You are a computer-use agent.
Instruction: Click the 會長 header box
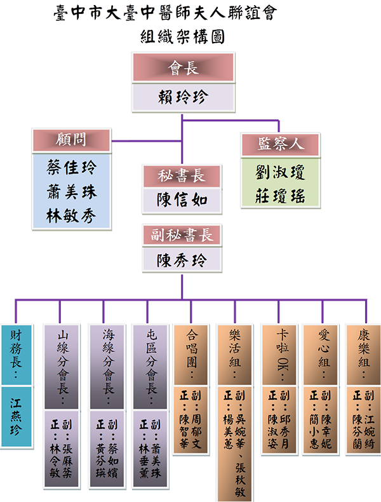pos(183,67)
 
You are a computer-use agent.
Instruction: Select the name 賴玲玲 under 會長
pos(183,97)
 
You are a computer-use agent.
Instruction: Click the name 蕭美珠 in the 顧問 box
pos(70,192)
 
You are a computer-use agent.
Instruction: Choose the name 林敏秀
pos(70,216)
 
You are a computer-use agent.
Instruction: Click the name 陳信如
pos(182,201)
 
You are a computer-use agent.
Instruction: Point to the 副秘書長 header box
pos(182,236)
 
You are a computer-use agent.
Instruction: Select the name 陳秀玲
pos(182,261)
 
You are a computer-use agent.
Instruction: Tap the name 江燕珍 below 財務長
pos(15,416)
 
